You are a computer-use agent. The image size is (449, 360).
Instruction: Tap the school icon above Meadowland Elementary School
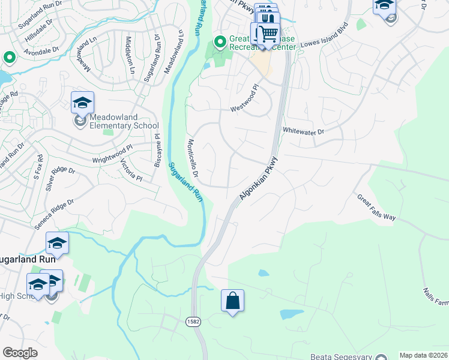point(82,103)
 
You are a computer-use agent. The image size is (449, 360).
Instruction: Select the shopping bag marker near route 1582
point(232,301)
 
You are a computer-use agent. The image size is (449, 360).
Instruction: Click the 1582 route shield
point(193,322)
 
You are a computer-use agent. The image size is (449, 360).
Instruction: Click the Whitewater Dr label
point(303,130)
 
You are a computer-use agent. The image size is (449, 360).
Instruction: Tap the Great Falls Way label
point(376,207)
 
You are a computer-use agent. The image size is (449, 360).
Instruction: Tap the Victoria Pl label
point(131,170)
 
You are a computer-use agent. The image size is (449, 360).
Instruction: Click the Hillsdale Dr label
point(37,32)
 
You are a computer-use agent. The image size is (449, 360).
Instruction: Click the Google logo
point(20,353)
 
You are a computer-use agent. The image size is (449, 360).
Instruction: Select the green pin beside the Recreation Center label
point(220,41)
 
